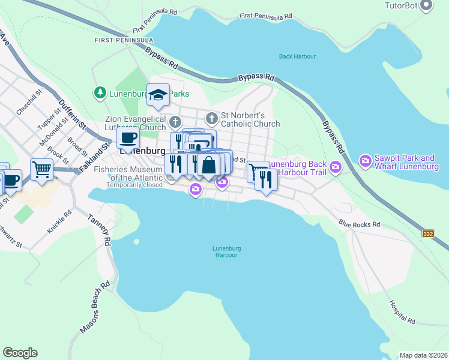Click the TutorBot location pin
coord(427,6)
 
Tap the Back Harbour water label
coord(297,57)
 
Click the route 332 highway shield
coord(427,233)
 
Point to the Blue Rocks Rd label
coord(359,224)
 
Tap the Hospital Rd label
coord(402,312)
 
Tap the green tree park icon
coord(98,93)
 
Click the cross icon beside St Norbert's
coord(211,117)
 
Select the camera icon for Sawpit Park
coord(365,161)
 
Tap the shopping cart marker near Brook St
coord(41,169)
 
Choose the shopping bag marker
coord(208,164)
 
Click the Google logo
coord(20,353)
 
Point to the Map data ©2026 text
coord(423,355)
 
